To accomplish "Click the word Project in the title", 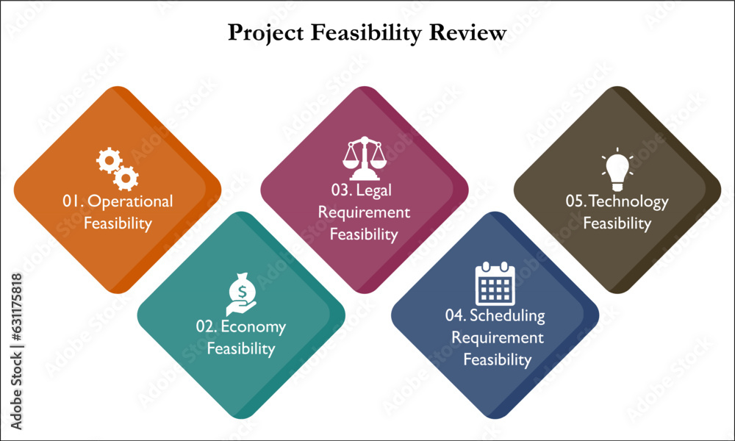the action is point(266,33).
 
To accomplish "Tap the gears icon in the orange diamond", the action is point(117,169).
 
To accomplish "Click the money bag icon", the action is point(241,294).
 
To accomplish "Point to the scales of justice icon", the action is point(365,158).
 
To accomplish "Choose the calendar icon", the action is point(495,284).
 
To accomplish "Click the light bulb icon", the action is point(617,169).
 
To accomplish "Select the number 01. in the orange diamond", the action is point(73,201).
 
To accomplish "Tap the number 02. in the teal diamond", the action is point(207,326).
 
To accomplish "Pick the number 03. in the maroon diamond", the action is point(342,190).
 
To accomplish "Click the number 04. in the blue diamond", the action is point(456,315).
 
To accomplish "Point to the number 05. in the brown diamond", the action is point(576,201).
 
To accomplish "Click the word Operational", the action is point(130,202).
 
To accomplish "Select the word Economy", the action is point(253,327).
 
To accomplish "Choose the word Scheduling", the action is point(508,316).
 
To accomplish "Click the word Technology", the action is point(628,202).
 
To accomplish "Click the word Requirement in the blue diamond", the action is point(498,338).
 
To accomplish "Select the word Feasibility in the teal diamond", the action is point(241,349).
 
